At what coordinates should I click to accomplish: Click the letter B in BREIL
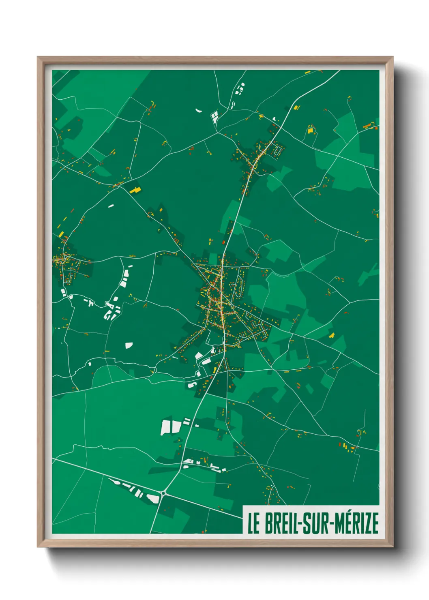(268, 523)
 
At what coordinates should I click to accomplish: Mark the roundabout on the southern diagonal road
(163, 493)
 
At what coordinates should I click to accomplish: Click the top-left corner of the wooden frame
(38, 57)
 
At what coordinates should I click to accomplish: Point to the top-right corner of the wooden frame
(393, 57)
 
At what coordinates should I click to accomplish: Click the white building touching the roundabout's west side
(153, 498)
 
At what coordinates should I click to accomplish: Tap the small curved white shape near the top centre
(199, 110)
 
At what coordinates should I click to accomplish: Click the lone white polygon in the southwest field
(129, 345)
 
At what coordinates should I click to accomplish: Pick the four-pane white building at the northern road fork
(214, 117)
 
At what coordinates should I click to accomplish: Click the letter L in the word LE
(250, 523)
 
